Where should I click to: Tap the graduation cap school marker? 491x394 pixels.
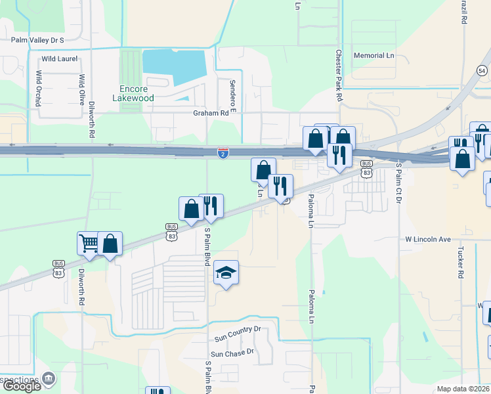(225, 273)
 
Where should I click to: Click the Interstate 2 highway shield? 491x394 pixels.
(223, 153)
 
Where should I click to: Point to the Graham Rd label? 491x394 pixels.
(214, 112)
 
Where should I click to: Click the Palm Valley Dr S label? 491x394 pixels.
(37, 40)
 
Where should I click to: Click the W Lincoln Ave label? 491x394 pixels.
(428, 239)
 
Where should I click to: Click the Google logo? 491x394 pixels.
(22, 386)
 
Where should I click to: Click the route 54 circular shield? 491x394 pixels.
(482, 70)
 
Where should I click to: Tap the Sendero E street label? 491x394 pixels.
(232, 95)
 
